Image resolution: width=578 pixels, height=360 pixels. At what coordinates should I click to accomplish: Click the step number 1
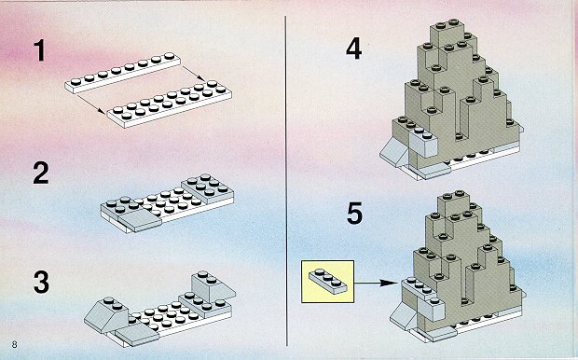click(39, 50)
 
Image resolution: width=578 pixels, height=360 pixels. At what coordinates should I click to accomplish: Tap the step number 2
click(40, 173)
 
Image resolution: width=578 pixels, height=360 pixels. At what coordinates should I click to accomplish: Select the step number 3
click(41, 283)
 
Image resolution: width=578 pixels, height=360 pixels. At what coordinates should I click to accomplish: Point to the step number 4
click(353, 48)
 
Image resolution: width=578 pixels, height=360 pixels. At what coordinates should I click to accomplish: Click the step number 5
click(354, 214)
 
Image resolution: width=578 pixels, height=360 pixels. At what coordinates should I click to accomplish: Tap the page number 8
click(14, 345)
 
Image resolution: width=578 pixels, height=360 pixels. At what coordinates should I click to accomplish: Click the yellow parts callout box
click(328, 282)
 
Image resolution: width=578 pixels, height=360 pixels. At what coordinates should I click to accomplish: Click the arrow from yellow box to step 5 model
click(376, 283)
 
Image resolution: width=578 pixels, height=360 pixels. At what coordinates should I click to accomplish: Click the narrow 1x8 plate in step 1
click(123, 73)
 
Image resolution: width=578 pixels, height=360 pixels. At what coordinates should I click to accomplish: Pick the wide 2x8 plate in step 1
click(170, 104)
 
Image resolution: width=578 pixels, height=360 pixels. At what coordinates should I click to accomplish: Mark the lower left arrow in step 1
click(90, 104)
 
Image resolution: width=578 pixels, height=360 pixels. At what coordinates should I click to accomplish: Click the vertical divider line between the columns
click(286, 181)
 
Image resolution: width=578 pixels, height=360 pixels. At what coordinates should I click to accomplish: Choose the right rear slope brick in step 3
click(213, 286)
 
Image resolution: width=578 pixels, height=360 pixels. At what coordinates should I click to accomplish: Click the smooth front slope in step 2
click(141, 221)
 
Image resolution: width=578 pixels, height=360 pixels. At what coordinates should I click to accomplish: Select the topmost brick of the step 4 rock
click(449, 33)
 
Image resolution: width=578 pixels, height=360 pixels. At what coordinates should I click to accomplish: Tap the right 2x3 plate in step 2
click(207, 188)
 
